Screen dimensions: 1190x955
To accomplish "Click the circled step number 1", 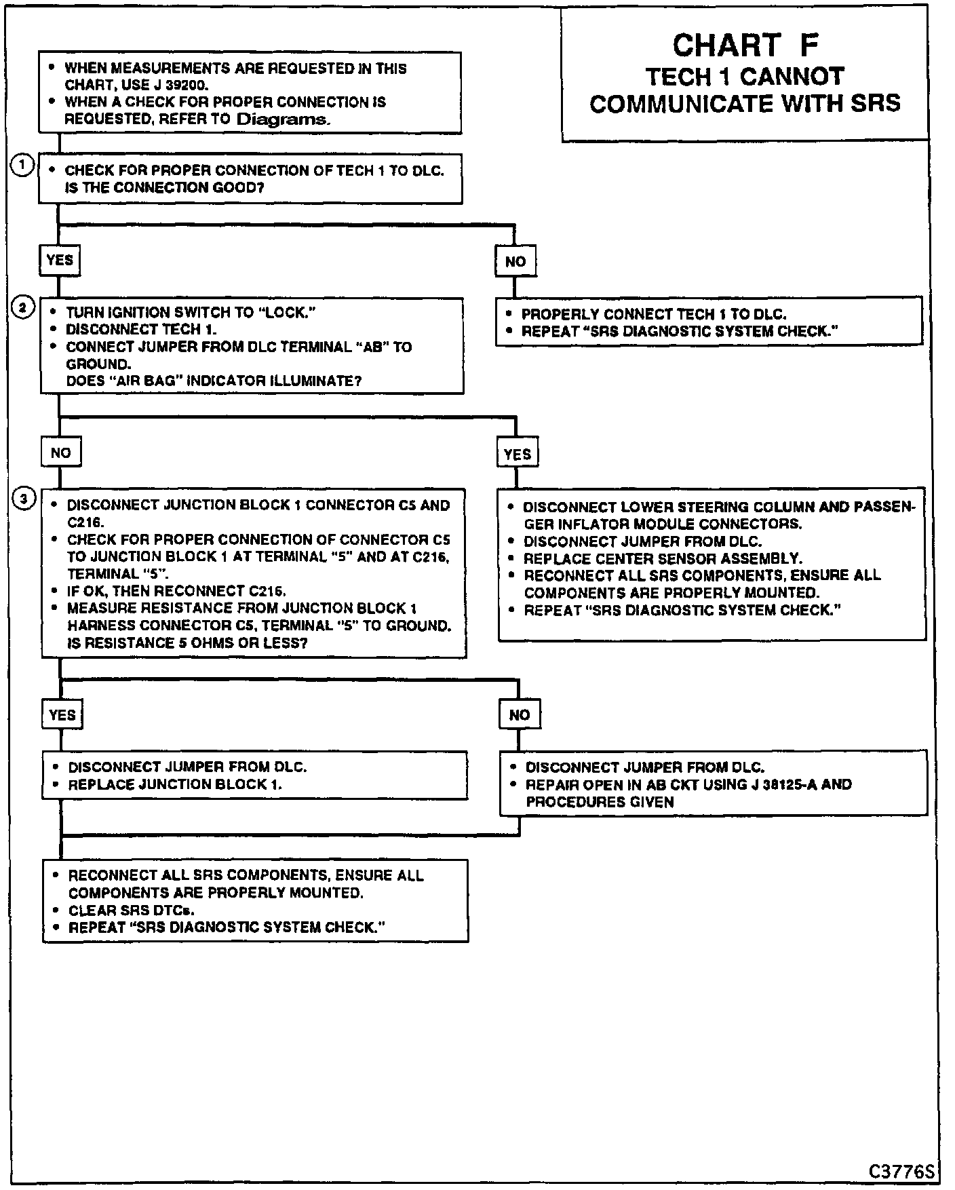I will [22, 166].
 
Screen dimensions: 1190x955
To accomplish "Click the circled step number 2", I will [22, 308].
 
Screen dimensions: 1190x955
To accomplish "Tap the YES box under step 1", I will [60, 260].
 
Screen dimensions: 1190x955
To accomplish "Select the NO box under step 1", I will [515, 261].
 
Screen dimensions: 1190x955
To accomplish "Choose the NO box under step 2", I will [60, 453].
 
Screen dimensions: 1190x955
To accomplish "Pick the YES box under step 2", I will [518, 454].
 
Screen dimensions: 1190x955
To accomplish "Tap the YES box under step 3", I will [62, 715].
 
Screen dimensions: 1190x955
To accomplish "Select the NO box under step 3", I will [520, 714].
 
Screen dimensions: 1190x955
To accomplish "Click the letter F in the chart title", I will [808, 45].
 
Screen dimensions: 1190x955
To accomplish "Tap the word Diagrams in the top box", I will [284, 119].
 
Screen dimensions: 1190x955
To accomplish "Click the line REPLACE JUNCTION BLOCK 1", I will [175, 785].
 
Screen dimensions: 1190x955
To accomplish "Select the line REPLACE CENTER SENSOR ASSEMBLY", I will [663, 558].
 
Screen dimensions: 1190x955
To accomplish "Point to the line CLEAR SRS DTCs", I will [131, 910].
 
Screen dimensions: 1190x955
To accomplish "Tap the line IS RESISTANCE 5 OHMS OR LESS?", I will [187, 642].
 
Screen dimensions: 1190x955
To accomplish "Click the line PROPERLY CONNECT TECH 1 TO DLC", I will [653, 314].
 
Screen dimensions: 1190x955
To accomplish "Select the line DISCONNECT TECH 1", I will [141, 330].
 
